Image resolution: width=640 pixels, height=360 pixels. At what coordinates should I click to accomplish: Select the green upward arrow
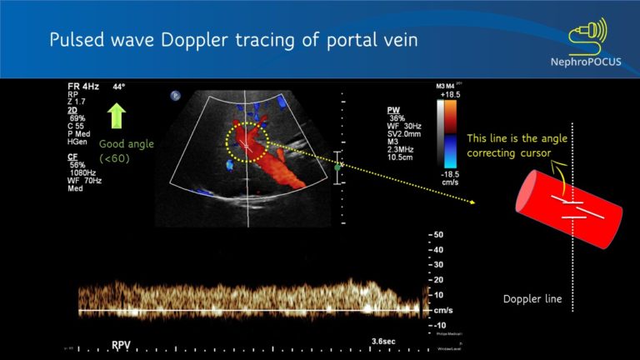117,113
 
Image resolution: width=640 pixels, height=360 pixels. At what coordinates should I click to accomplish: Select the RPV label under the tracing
122,342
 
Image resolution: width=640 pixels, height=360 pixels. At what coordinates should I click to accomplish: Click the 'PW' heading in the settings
393,110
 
